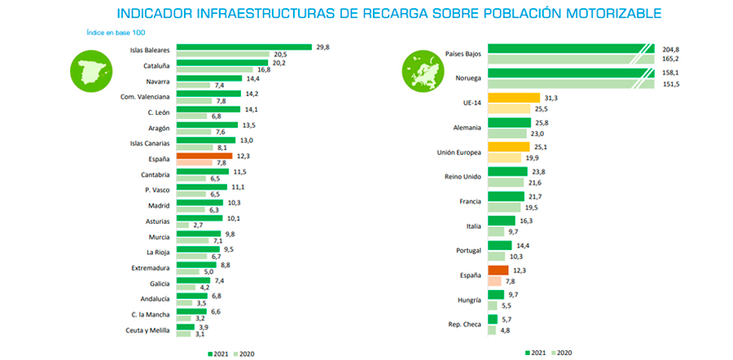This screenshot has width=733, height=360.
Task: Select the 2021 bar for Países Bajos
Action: click(x=570, y=49)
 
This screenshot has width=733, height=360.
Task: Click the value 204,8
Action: click(x=672, y=49)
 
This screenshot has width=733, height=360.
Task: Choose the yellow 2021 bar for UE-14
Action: click(x=514, y=98)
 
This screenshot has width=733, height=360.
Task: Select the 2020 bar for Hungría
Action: click(x=494, y=305)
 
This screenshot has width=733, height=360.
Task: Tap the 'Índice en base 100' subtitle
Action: click(x=116, y=32)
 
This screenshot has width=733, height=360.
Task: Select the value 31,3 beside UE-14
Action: click(x=551, y=98)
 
